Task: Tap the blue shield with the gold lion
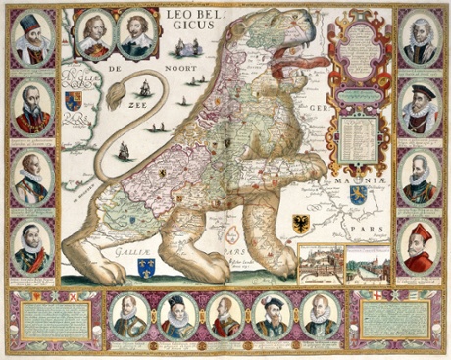358,195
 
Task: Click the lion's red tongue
295,65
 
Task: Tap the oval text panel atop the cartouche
360,40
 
